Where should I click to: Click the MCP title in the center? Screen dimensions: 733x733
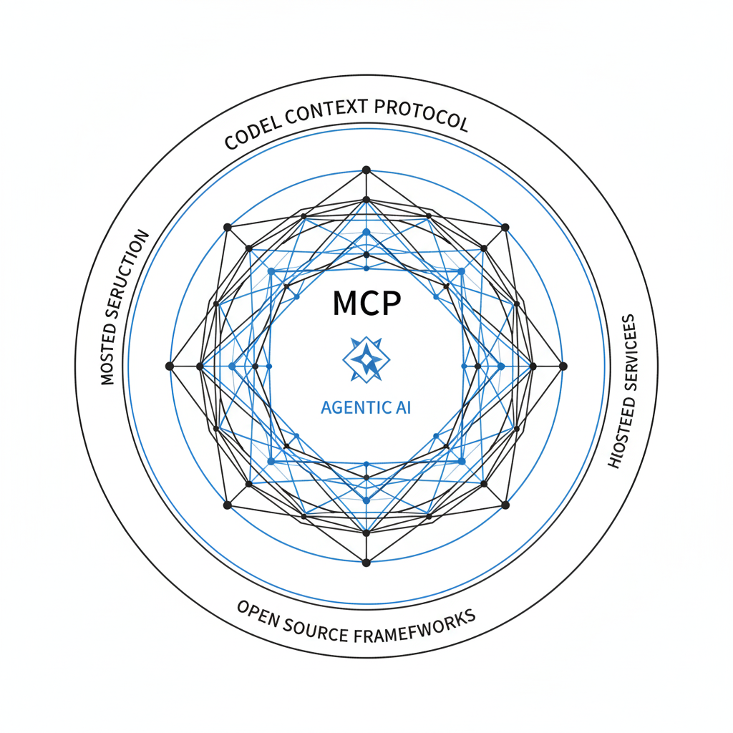click(x=366, y=304)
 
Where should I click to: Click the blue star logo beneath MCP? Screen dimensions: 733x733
click(x=366, y=359)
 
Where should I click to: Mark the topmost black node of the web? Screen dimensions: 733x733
click(x=366, y=170)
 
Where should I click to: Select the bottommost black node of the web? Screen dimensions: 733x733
click(x=366, y=562)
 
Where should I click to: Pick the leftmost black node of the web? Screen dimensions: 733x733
click(x=170, y=366)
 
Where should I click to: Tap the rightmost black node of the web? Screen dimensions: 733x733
click(x=563, y=366)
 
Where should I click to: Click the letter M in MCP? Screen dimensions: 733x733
click(x=345, y=304)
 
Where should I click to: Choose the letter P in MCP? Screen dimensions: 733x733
click(x=391, y=304)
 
